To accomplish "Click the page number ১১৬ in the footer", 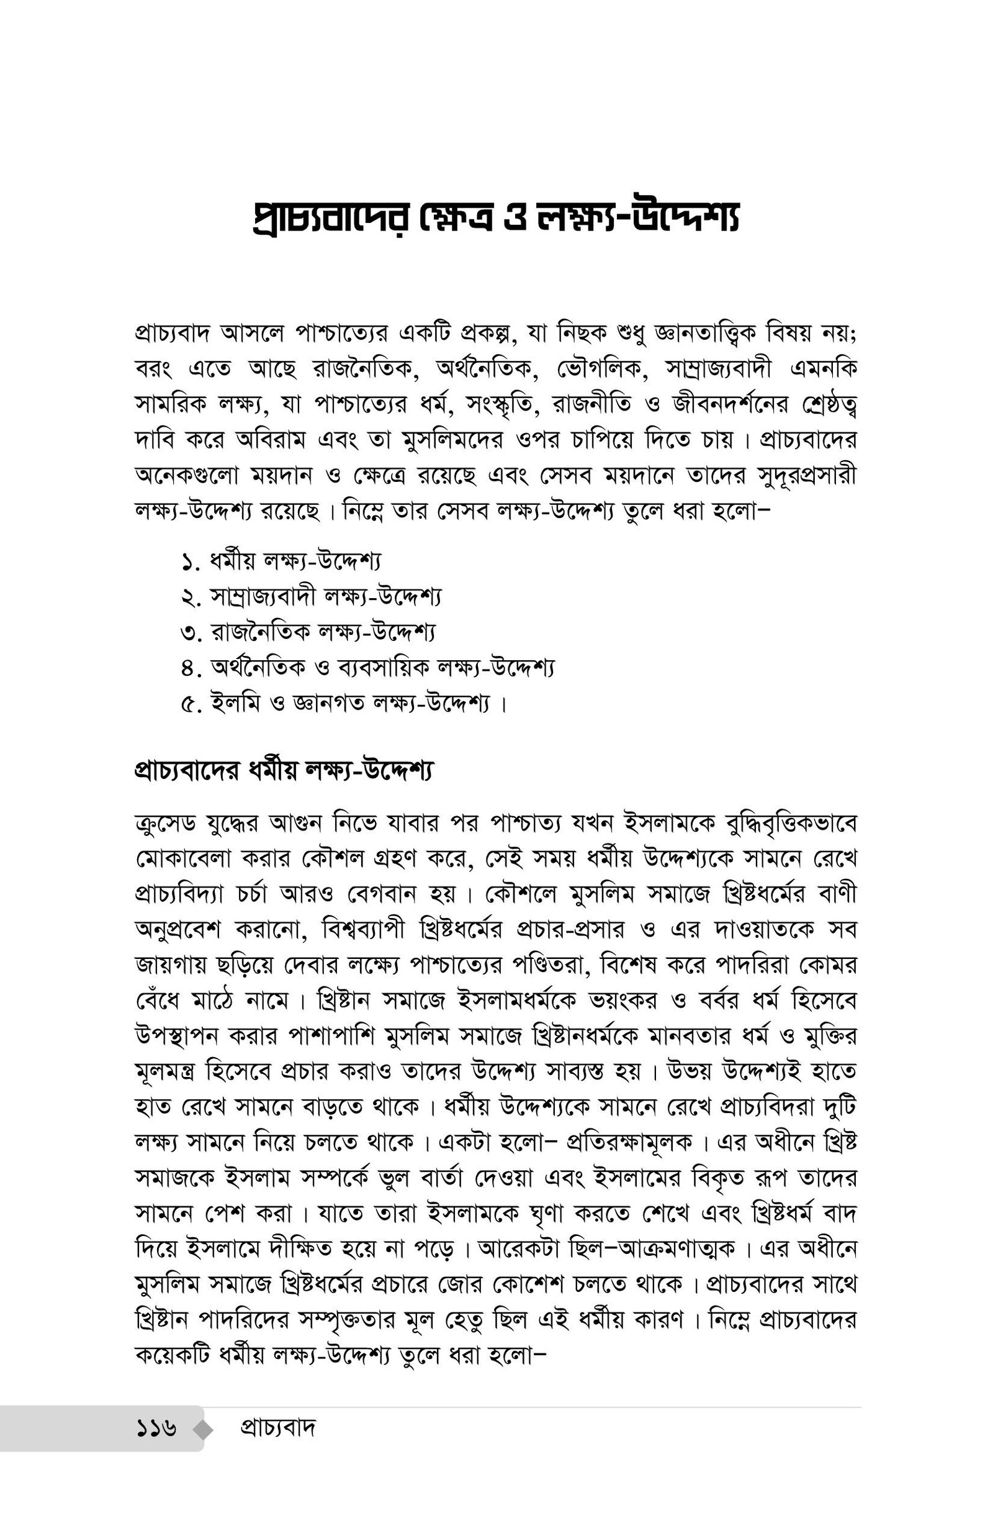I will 156,1429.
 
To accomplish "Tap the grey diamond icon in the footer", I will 202,1430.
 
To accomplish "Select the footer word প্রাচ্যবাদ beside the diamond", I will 278,1429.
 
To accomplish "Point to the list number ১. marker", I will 192,563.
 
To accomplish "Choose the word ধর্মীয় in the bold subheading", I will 277,770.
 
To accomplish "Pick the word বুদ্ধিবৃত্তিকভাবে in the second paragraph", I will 791,824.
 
